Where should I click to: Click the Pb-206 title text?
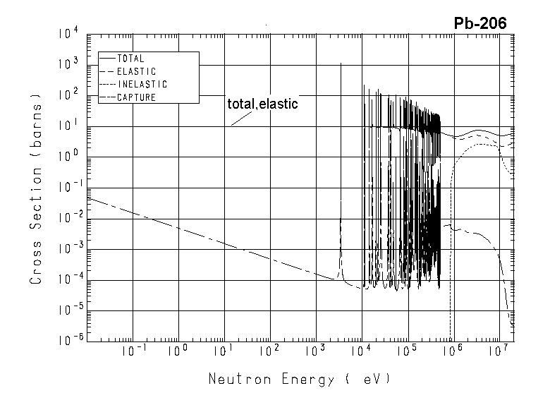(x=479, y=24)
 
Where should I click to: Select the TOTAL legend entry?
(x=130, y=59)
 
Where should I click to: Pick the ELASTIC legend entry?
(x=136, y=72)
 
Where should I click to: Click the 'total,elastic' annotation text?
(x=262, y=104)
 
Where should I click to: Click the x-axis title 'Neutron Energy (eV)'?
(x=299, y=379)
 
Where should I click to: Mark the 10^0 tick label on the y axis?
(x=68, y=156)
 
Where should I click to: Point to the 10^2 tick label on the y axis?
(x=68, y=95)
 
